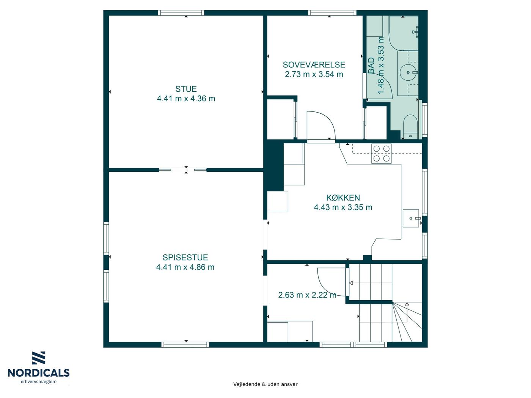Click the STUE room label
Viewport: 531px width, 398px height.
[186, 89]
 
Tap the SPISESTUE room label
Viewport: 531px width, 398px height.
[185, 257]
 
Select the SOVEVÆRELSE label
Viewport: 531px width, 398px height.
[314, 65]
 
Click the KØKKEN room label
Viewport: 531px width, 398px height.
[343, 197]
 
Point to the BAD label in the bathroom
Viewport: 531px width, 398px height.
[371, 65]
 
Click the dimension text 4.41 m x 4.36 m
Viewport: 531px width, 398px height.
[186, 99]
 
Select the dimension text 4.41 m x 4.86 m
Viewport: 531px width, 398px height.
[185, 267]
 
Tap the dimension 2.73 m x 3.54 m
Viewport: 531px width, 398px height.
[314, 74]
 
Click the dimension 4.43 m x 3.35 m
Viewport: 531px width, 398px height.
[343, 207]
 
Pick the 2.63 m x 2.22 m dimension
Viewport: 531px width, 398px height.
[307, 295]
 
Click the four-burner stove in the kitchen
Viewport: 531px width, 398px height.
[382, 154]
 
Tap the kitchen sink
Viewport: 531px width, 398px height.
[411, 218]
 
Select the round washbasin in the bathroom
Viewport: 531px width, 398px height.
[408, 72]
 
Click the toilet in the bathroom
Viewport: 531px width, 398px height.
[410, 127]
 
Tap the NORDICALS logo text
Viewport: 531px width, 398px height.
[39, 373]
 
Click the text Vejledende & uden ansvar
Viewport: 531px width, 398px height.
[265, 384]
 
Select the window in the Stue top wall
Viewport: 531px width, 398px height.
[181, 13]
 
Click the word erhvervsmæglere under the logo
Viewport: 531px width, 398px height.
[39, 382]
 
